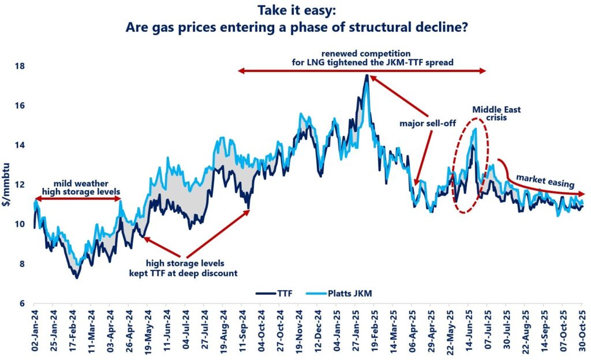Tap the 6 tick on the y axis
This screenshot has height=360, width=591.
point(21,303)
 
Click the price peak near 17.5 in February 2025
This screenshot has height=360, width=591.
point(366,76)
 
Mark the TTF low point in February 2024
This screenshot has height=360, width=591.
point(76,277)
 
